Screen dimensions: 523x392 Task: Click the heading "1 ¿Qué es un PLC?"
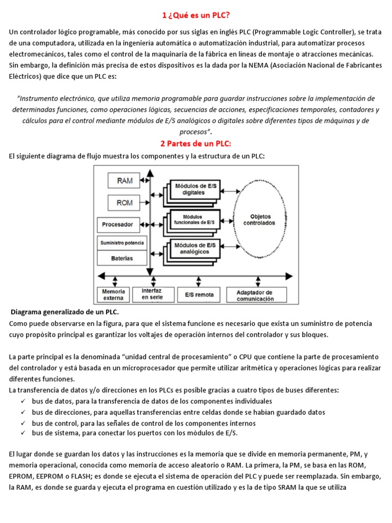click(x=195, y=15)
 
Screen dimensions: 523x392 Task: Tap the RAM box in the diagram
click(x=125, y=180)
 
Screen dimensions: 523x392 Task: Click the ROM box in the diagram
click(x=125, y=203)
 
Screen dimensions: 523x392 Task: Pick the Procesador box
click(x=117, y=224)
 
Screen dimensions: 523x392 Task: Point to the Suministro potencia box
click(x=122, y=243)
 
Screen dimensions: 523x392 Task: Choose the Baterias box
click(x=122, y=258)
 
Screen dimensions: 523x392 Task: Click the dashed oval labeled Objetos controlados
click(x=262, y=220)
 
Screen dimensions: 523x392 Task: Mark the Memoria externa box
click(x=114, y=295)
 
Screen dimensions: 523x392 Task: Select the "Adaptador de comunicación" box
click(x=255, y=295)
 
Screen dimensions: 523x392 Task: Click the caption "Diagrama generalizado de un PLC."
click(x=64, y=312)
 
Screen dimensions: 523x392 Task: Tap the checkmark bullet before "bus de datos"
click(x=23, y=401)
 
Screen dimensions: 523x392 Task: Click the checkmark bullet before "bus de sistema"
click(x=23, y=433)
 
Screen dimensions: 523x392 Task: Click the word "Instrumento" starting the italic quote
click(x=40, y=98)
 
